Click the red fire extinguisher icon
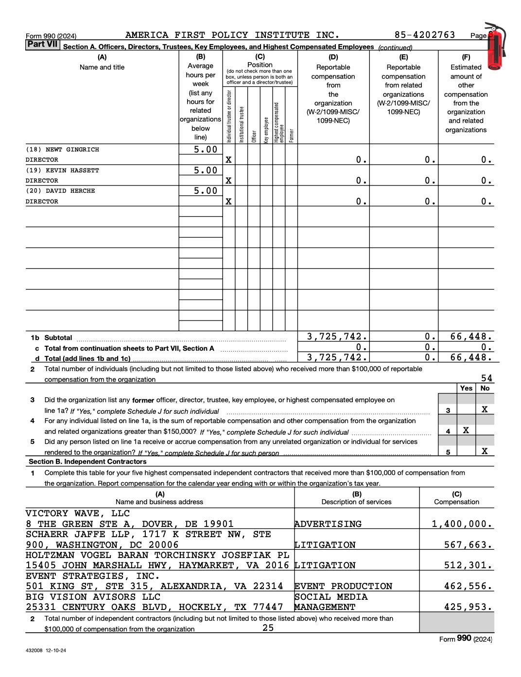click(x=496, y=46)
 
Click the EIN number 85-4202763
click(x=425, y=35)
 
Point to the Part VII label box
click(x=43, y=45)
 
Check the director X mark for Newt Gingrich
click(x=228, y=160)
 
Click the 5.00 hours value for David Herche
click(x=206, y=191)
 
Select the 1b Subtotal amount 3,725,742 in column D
click(x=337, y=336)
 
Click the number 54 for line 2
click(x=486, y=378)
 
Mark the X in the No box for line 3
click(x=485, y=409)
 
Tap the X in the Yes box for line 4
click(x=466, y=430)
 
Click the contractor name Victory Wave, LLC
click(x=78, y=513)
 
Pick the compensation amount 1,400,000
click(x=462, y=524)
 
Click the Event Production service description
click(x=343, y=586)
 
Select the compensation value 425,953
click(x=468, y=607)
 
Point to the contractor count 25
click(x=268, y=627)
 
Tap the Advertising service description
click(x=328, y=524)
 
